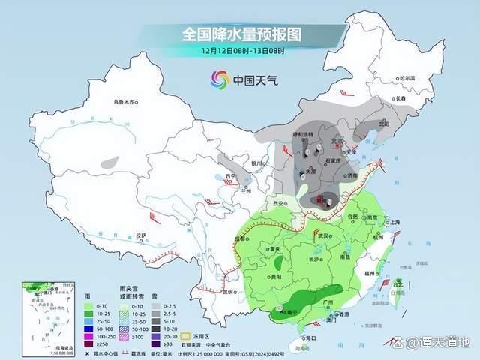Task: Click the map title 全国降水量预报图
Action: point(241,34)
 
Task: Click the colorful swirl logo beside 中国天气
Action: point(220,79)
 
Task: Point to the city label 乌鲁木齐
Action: point(127,101)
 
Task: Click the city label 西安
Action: point(279,204)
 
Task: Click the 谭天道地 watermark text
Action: point(443,343)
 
